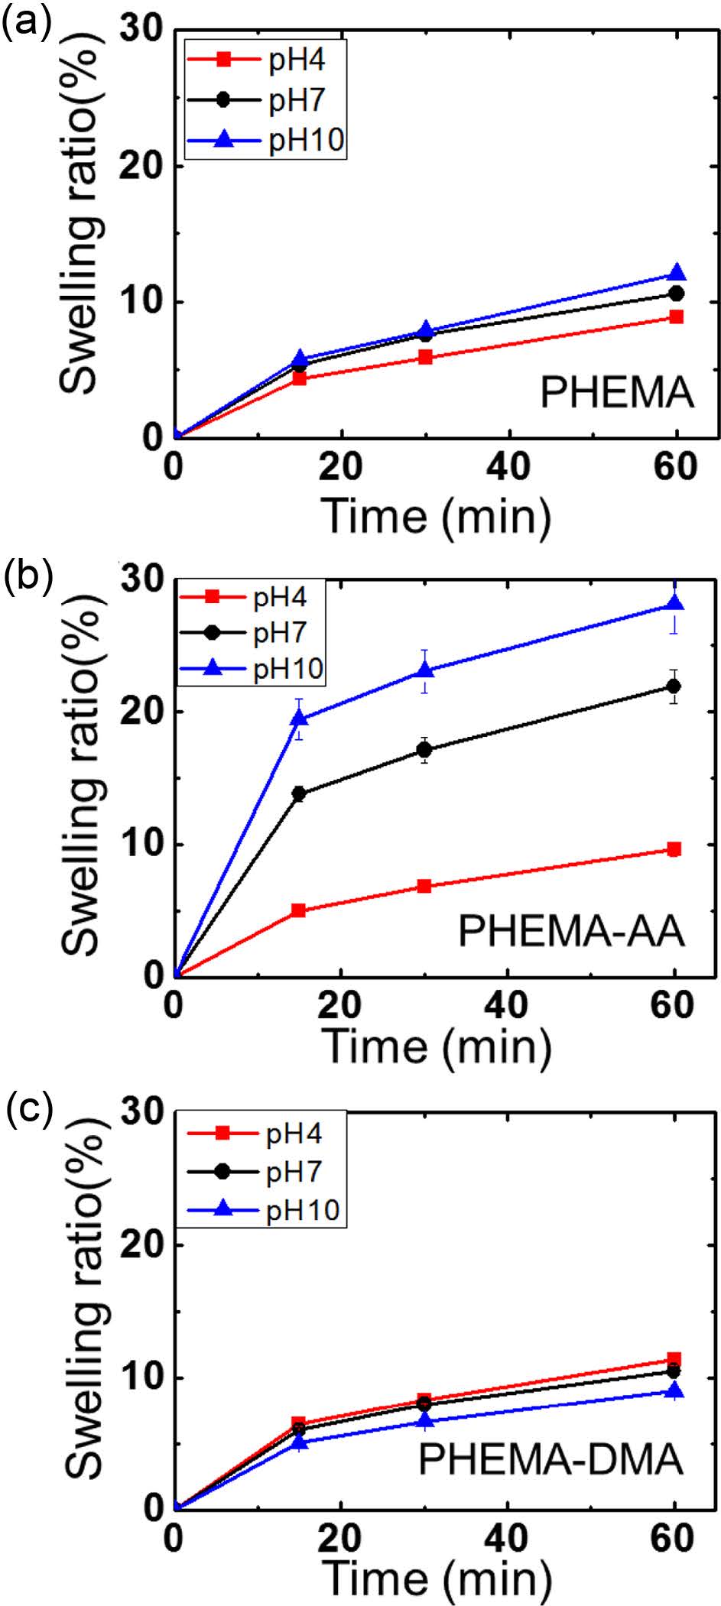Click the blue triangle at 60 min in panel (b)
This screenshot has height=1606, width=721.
[x=674, y=604]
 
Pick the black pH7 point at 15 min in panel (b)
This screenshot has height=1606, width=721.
[x=298, y=794]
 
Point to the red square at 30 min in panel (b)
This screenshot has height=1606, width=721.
[x=424, y=887]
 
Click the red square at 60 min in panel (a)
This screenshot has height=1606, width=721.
[x=676, y=317]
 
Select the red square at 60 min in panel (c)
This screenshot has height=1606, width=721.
[x=674, y=1360]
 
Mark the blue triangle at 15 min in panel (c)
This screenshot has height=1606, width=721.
[x=298, y=1442]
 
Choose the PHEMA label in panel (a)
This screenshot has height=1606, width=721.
[x=616, y=394]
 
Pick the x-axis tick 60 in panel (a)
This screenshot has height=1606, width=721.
[x=676, y=466]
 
